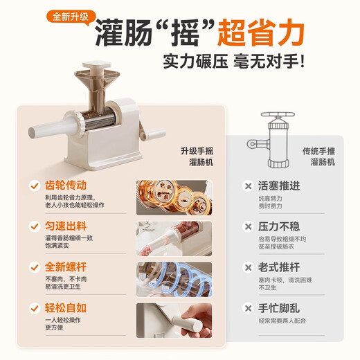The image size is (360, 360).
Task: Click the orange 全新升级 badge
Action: [71, 16]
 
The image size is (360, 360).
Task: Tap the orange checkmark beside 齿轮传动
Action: [32, 186]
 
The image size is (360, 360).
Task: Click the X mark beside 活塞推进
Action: [247, 186]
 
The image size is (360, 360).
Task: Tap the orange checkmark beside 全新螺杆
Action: [32, 267]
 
